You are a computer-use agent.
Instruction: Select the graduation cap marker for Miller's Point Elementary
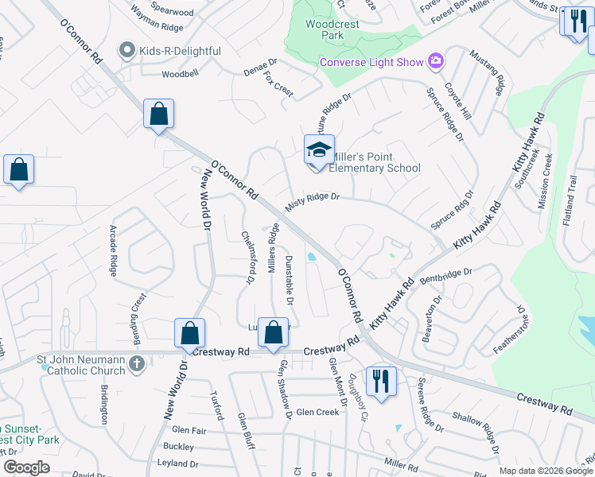coord(317,149)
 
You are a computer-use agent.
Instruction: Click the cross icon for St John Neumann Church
coord(137,364)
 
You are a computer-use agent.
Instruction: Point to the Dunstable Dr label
coord(290,281)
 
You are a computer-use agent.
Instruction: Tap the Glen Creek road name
coord(317,412)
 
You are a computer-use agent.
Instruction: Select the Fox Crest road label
coord(279,83)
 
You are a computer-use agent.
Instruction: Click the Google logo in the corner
coord(26,467)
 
